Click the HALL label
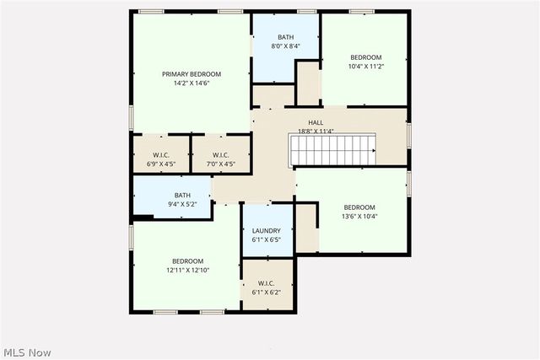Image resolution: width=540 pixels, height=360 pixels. click(316, 123)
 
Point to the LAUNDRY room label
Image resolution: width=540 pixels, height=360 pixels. click(267, 230)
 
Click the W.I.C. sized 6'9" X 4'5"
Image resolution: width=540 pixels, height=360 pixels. click(162, 159)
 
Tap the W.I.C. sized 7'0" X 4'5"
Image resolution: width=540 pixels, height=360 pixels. click(221, 159)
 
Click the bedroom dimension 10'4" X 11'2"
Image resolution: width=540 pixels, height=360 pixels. click(365, 67)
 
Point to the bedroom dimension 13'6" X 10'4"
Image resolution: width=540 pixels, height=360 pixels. click(359, 216)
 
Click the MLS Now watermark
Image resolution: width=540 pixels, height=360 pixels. click(28, 351)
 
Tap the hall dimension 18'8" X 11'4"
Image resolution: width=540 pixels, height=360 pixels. click(316, 132)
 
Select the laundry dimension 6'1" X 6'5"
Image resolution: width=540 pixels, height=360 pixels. click(267, 239)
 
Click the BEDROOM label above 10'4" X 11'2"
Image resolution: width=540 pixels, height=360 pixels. click(365, 57)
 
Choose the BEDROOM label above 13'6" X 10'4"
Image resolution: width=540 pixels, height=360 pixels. click(359, 207)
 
